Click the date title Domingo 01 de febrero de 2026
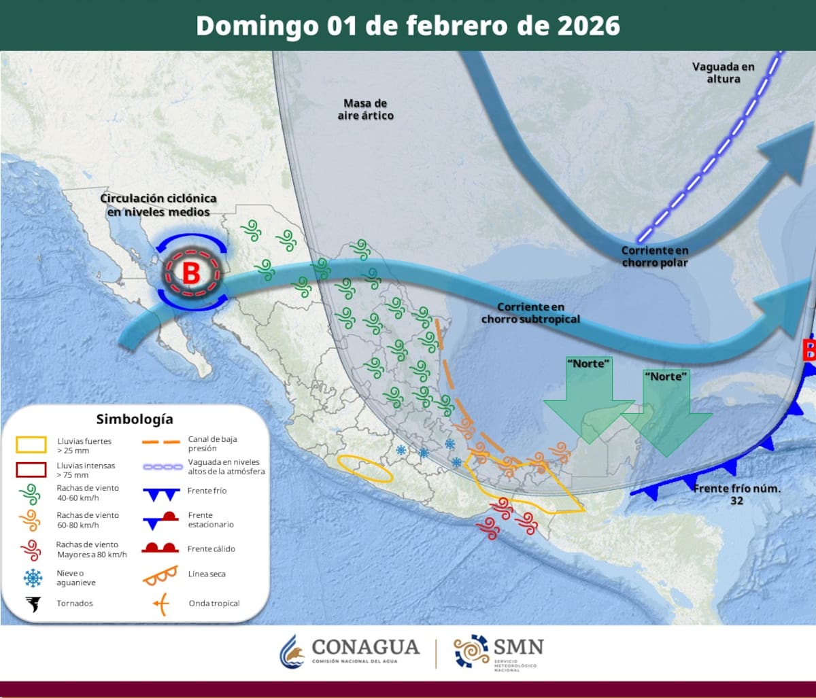point(408,26)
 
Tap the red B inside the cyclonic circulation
point(191,273)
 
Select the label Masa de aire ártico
point(365,109)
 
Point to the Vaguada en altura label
point(724,73)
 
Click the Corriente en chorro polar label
point(654,256)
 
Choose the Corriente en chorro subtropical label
point(530,313)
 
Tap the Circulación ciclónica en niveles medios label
point(158,205)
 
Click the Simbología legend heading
point(135,418)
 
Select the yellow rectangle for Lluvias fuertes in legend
point(31,445)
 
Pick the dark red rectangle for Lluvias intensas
point(31,470)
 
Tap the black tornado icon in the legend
point(32,603)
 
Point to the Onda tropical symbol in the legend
point(160,604)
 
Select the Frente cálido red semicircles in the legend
point(160,548)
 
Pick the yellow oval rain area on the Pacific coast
point(365,468)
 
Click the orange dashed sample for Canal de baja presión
point(160,442)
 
